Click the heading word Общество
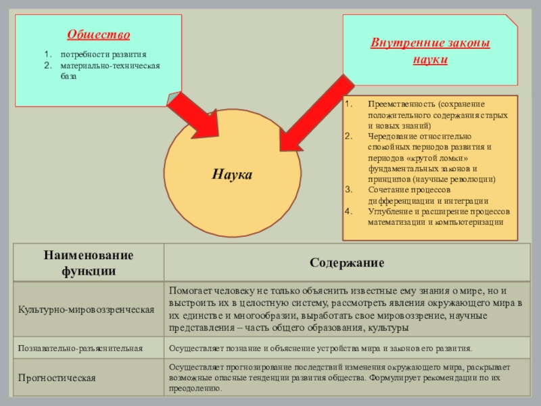tap(99, 35)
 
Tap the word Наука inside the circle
tap(232, 175)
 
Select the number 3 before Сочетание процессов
tap(348, 190)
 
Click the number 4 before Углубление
tap(348, 211)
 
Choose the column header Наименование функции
tap(89, 263)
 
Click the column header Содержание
tap(347, 262)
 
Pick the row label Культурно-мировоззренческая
tap(86, 309)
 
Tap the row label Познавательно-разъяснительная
tap(80, 348)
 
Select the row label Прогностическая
tap(57, 378)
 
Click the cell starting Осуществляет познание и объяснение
tap(320, 348)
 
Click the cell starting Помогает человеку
tap(345, 309)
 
